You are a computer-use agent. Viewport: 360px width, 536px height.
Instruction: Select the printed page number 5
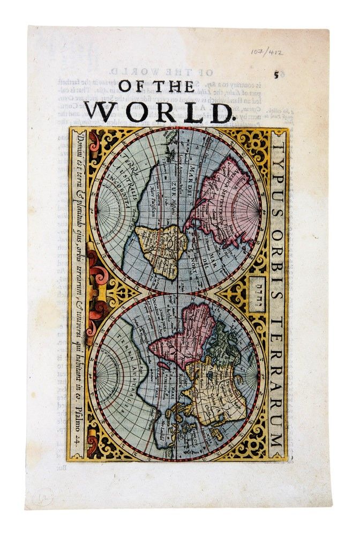pos(276,75)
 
